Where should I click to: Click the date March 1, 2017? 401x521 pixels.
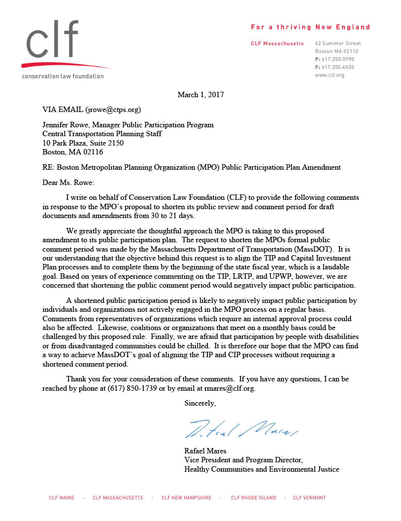200,94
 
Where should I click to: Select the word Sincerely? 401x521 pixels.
199,403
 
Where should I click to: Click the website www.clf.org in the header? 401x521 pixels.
330,75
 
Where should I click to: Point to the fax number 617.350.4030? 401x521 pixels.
337,67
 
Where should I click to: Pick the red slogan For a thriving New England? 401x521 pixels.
310,27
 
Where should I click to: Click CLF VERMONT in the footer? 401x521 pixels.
309,498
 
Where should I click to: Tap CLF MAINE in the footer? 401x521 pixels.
62,498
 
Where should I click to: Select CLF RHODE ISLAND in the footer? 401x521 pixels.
254,498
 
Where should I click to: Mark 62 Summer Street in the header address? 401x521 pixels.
338,43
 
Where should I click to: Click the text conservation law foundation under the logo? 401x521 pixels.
63,76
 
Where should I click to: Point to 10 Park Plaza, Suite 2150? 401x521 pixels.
83,143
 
